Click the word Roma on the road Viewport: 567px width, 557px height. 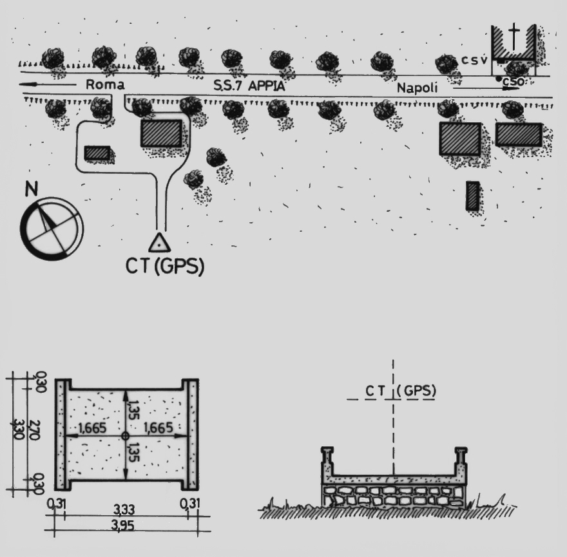(105, 84)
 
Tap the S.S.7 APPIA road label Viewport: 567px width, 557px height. (249, 86)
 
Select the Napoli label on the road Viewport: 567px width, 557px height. (418, 88)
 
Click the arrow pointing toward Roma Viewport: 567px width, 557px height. (48, 84)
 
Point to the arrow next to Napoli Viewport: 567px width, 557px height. (485, 88)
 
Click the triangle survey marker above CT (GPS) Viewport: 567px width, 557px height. (159, 243)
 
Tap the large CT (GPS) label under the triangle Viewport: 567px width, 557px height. (165, 267)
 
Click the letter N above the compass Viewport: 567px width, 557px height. (32, 189)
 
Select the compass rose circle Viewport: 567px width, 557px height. (52, 229)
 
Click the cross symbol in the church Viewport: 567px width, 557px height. (513, 37)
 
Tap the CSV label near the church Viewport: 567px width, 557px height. (474, 61)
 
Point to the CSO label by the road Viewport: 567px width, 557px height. (513, 82)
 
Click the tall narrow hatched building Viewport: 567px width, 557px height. (473, 196)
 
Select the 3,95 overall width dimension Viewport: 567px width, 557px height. (123, 525)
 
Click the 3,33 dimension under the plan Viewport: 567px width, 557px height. (124, 509)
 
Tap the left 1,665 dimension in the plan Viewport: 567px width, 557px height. (92, 428)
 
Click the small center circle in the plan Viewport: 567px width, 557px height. (125, 436)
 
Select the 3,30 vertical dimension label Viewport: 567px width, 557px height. (18, 430)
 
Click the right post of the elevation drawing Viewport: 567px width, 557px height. (461, 461)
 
